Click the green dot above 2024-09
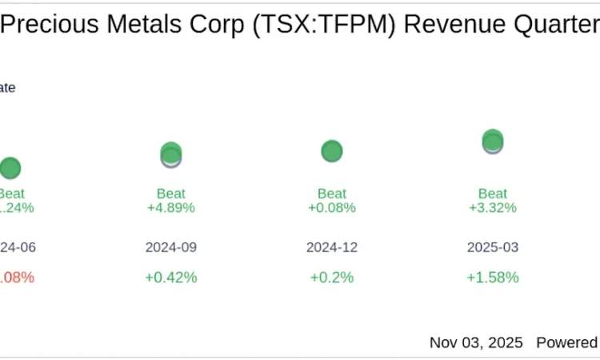coord(171,152)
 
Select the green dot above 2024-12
coord(332,150)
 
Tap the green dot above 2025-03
coord(493,140)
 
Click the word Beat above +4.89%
coord(171,193)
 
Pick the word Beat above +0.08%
coord(332,193)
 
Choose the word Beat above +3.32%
coord(493,193)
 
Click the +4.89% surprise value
coord(171,208)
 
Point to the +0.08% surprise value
coord(332,208)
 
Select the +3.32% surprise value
coord(493,208)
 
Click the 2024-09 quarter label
coord(171,247)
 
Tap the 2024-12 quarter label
coord(332,247)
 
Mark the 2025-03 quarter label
coord(493,247)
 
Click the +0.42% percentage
coord(171,278)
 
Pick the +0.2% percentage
coord(332,278)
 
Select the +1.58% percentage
coord(493,278)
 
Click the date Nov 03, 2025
coord(476,342)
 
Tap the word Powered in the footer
coord(567,342)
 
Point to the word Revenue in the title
coord(454,25)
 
